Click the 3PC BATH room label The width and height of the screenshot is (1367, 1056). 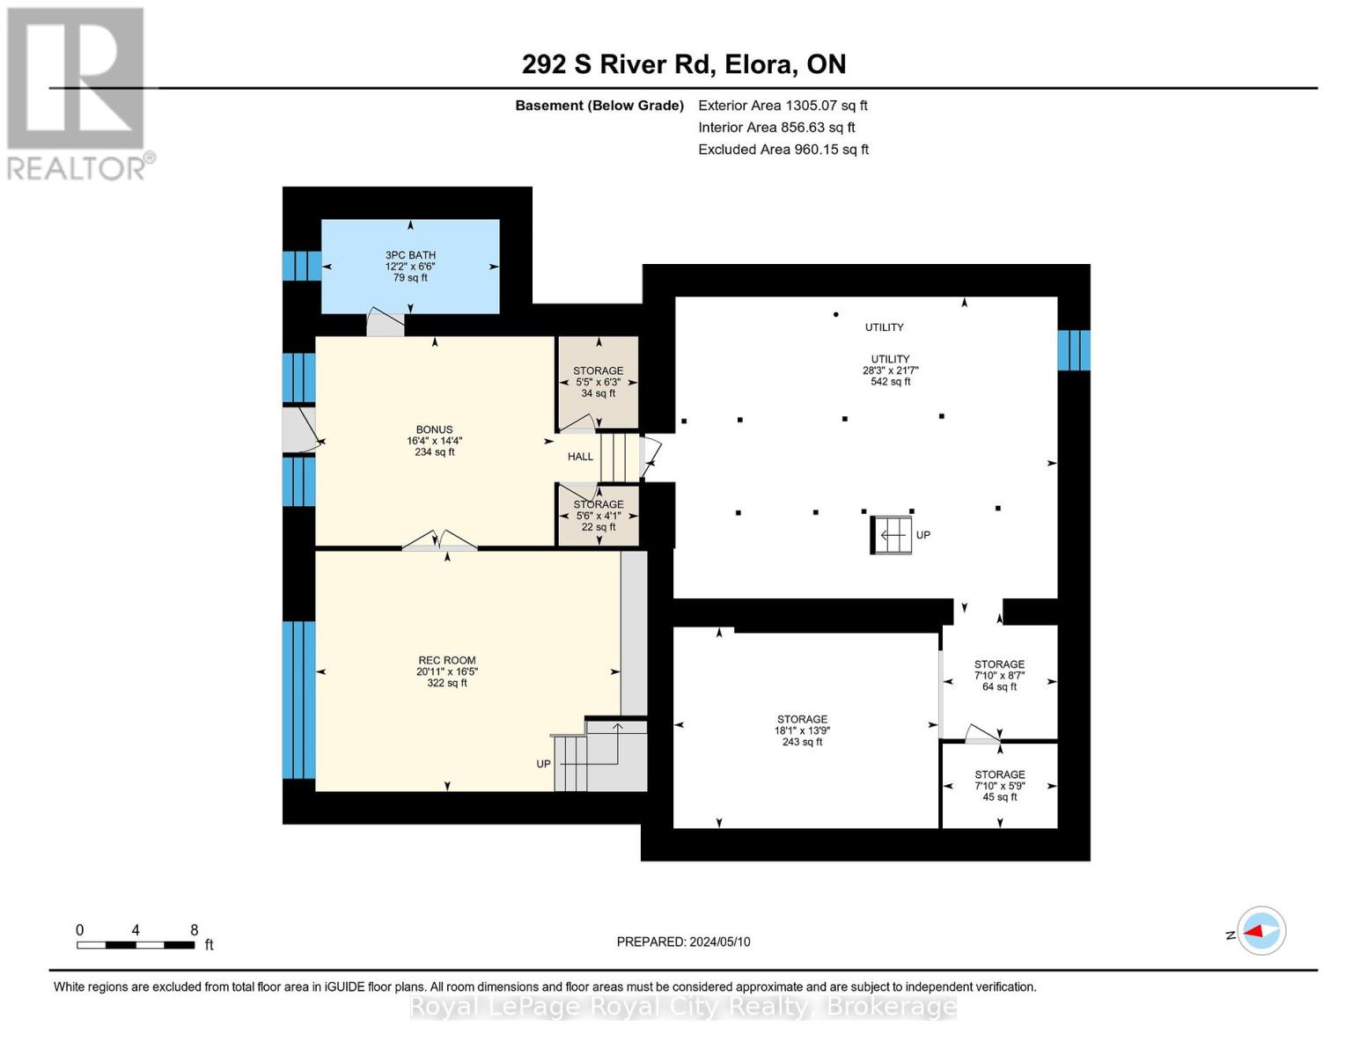(410, 254)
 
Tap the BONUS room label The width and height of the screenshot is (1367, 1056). (434, 429)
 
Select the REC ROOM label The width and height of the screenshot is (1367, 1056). (446, 660)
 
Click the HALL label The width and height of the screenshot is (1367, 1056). (580, 457)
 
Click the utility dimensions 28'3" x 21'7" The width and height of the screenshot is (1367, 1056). (890, 370)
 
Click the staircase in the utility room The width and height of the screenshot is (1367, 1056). (891, 535)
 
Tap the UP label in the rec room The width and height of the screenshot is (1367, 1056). (543, 764)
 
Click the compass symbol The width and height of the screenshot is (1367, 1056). (1261, 931)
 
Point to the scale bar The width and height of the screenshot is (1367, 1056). (136, 944)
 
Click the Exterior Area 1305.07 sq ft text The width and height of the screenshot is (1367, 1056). (783, 106)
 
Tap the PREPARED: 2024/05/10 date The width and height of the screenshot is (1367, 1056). (683, 942)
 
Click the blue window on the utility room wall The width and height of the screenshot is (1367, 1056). (1073, 350)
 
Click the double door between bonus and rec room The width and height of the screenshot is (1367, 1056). (440, 541)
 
